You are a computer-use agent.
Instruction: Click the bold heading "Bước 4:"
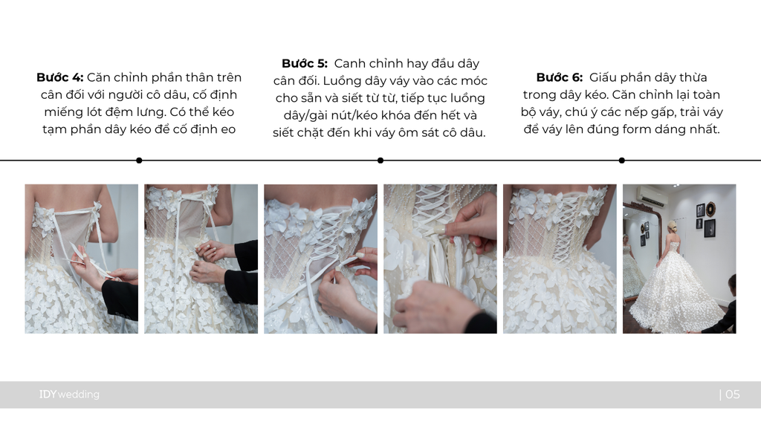tap(59, 77)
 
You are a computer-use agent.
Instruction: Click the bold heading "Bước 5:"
tap(305, 64)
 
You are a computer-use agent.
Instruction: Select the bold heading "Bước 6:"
tap(560, 77)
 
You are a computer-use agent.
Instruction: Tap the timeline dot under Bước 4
tap(139, 160)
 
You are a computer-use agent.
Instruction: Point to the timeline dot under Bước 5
tap(380, 160)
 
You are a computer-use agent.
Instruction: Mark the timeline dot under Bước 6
tap(622, 160)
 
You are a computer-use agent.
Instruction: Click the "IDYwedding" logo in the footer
tap(69, 395)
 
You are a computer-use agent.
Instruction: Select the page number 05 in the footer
tap(732, 395)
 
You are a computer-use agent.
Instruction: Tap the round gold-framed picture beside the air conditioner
tap(710, 208)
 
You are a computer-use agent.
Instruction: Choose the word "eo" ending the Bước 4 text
tap(229, 129)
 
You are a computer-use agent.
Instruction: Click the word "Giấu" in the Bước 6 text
tap(603, 77)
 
